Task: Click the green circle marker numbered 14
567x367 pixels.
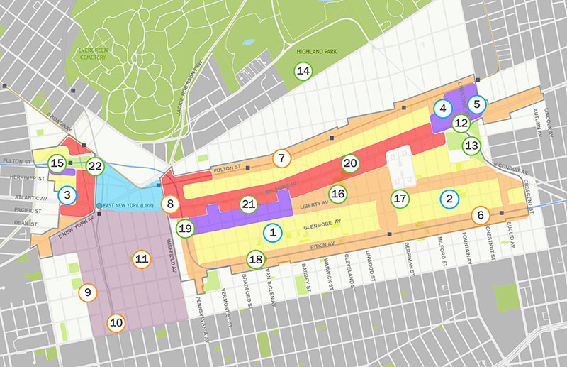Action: click(x=303, y=70)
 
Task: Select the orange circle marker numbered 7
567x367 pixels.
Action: click(x=281, y=158)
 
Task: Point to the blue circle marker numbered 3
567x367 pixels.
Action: click(x=67, y=194)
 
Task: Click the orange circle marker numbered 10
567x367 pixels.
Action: click(x=116, y=323)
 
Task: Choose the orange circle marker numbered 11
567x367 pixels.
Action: click(x=142, y=259)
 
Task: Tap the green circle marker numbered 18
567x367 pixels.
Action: click(x=255, y=260)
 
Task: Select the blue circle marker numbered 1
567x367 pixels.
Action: click(x=271, y=231)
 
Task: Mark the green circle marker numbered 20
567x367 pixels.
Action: click(x=350, y=163)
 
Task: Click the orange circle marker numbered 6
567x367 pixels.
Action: click(x=480, y=214)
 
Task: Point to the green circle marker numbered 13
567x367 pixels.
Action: click(x=471, y=146)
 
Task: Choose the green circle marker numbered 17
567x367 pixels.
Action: click(x=400, y=198)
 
